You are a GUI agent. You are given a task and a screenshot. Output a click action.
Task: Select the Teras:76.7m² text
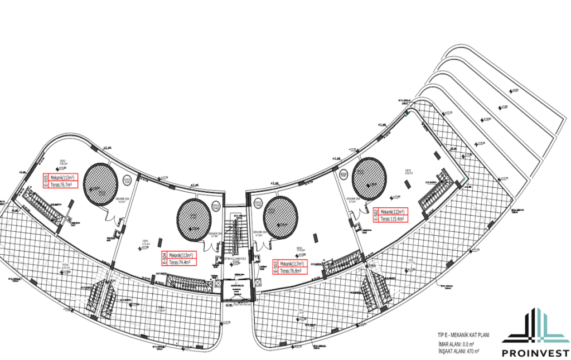63,184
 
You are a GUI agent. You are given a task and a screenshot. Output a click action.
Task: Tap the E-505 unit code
45,181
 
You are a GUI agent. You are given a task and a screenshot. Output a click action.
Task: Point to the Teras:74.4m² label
180,261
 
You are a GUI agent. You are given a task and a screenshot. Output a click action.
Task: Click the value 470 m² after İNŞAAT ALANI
473,351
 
